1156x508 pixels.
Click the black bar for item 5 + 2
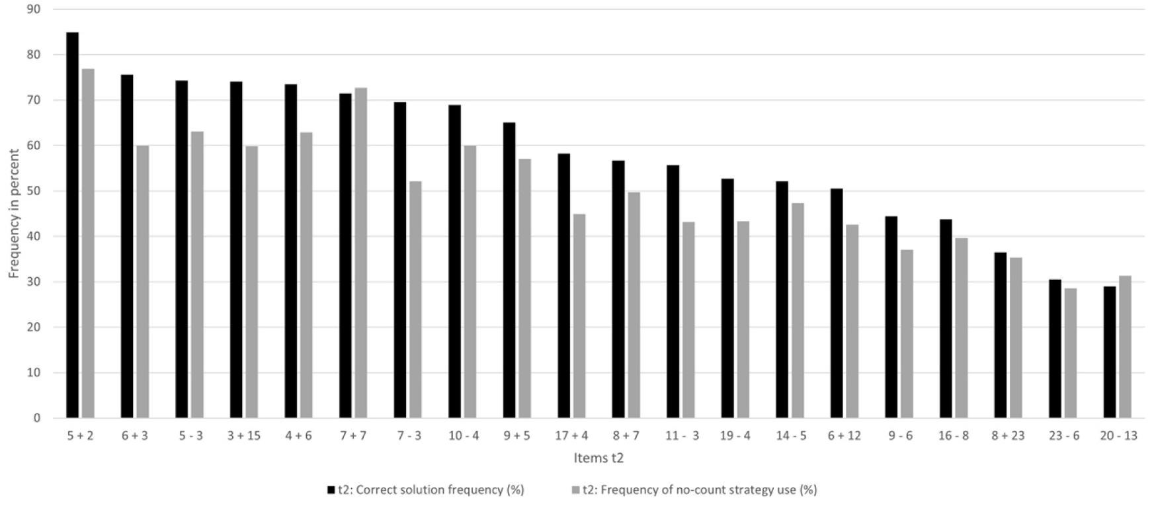[73, 225]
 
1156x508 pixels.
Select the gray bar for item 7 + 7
[361, 253]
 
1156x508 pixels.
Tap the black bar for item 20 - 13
[1110, 352]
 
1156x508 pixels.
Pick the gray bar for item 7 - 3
[415, 300]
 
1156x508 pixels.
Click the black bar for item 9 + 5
[509, 270]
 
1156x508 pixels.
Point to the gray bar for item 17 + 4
[579, 316]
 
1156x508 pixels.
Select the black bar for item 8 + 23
[1001, 335]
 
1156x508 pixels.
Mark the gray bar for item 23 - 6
[1071, 353]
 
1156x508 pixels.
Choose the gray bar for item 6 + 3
[143, 282]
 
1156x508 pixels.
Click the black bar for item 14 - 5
[782, 300]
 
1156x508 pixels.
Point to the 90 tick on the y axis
[33, 10]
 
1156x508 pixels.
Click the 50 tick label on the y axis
[33, 191]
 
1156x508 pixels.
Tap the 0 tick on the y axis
[37, 418]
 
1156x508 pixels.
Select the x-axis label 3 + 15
[244, 437]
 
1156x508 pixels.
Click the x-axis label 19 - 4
[735, 437]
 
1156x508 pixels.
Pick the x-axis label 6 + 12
[845, 437]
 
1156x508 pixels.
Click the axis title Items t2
[599, 458]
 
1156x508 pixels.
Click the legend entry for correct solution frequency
[426, 490]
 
